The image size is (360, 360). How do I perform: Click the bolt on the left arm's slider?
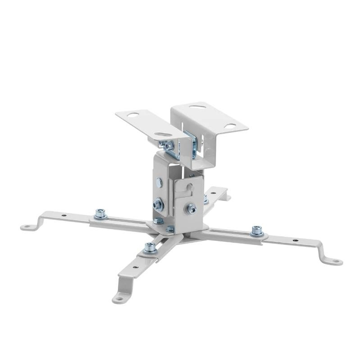(x=100, y=214)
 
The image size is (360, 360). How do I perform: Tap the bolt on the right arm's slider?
(x=256, y=230)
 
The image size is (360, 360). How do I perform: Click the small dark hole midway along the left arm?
(x=64, y=216)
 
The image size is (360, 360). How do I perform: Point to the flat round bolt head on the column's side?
(x=159, y=182)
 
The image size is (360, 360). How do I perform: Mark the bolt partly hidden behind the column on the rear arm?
(x=206, y=199)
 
